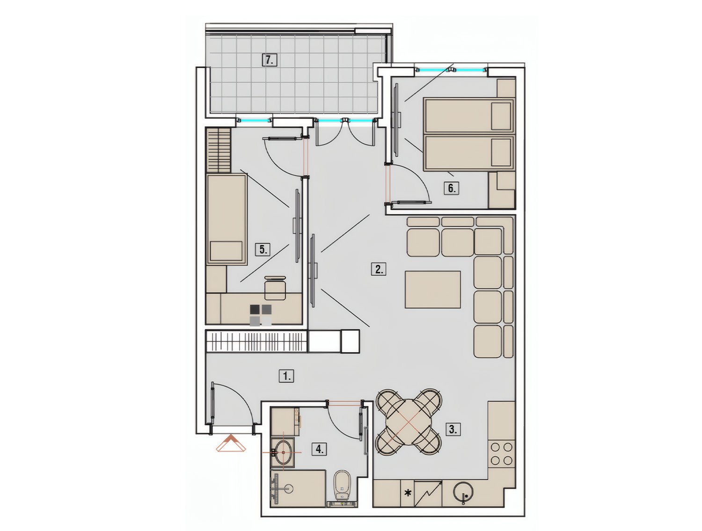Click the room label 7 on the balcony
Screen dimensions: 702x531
pos(269,60)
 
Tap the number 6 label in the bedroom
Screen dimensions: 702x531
pos(451,188)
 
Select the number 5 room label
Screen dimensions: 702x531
pos(263,249)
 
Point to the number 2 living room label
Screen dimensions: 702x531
pos(379,269)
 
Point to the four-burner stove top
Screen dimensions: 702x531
pos(501,453)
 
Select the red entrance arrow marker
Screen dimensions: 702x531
pos(231,443)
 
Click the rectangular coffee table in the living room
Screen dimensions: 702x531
pos(433,290)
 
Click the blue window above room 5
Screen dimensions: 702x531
pos(254,120)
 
